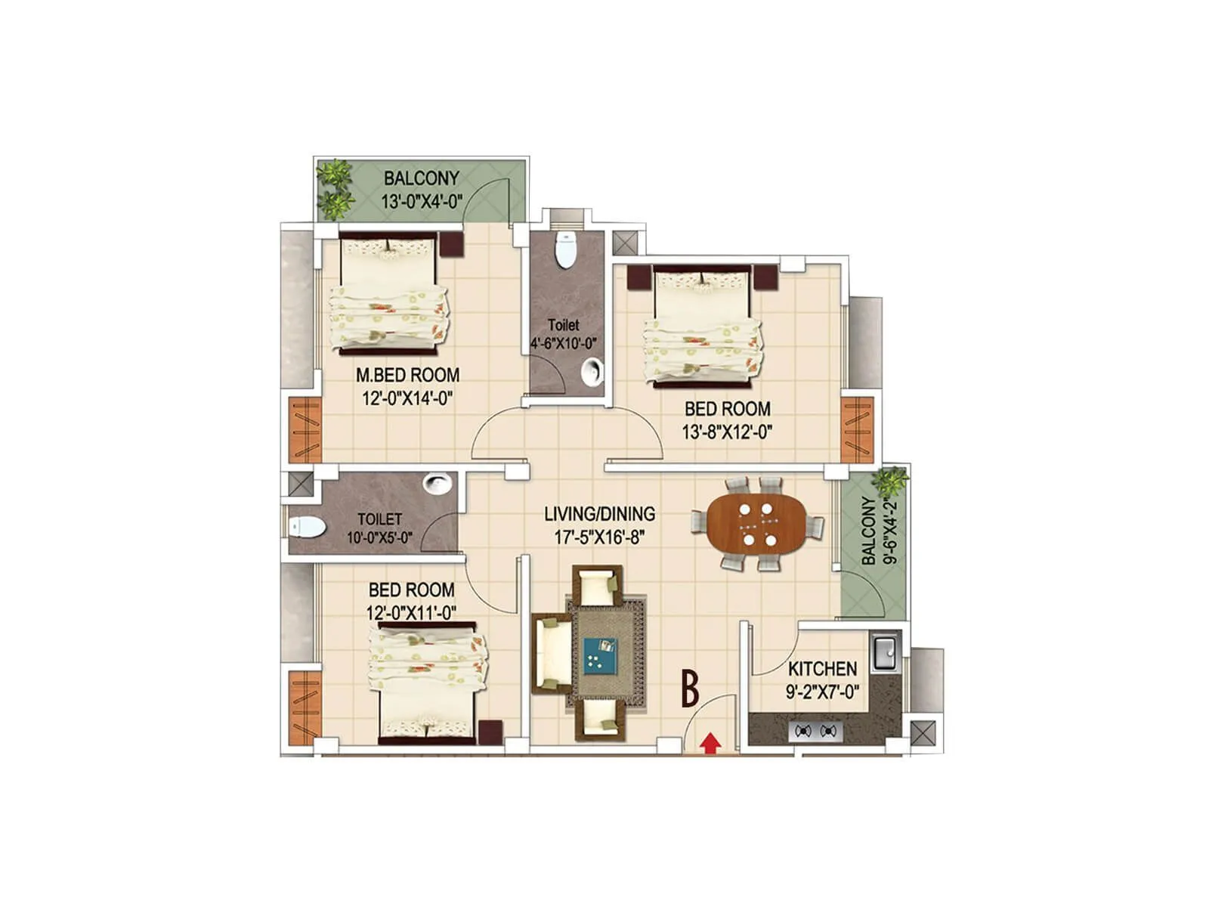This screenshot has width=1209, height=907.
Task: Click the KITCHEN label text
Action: (x=822, y=669)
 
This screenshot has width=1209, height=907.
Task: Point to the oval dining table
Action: (x=757, y=523)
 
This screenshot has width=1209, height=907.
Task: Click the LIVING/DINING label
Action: (x=599, y=514)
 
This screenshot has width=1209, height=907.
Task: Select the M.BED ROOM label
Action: (x=407, y=375)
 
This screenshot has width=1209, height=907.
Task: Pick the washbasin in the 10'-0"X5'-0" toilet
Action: (x=438, y=483)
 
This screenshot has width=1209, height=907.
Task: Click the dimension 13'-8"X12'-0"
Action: (x=727, y=432)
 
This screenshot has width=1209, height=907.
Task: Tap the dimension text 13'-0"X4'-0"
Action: (x=422, y=202)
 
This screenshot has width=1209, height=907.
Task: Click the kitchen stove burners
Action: (x=816, y=731)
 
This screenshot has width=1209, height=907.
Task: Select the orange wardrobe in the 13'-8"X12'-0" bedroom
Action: (x=857, y=429)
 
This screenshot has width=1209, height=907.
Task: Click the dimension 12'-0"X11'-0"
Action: (x=411, y=613)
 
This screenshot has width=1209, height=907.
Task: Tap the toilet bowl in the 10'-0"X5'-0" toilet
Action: (x=307, y=527)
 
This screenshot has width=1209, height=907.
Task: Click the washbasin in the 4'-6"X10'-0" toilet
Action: (x=593, y=372)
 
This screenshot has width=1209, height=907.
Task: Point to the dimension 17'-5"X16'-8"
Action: (x=599, y=538)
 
